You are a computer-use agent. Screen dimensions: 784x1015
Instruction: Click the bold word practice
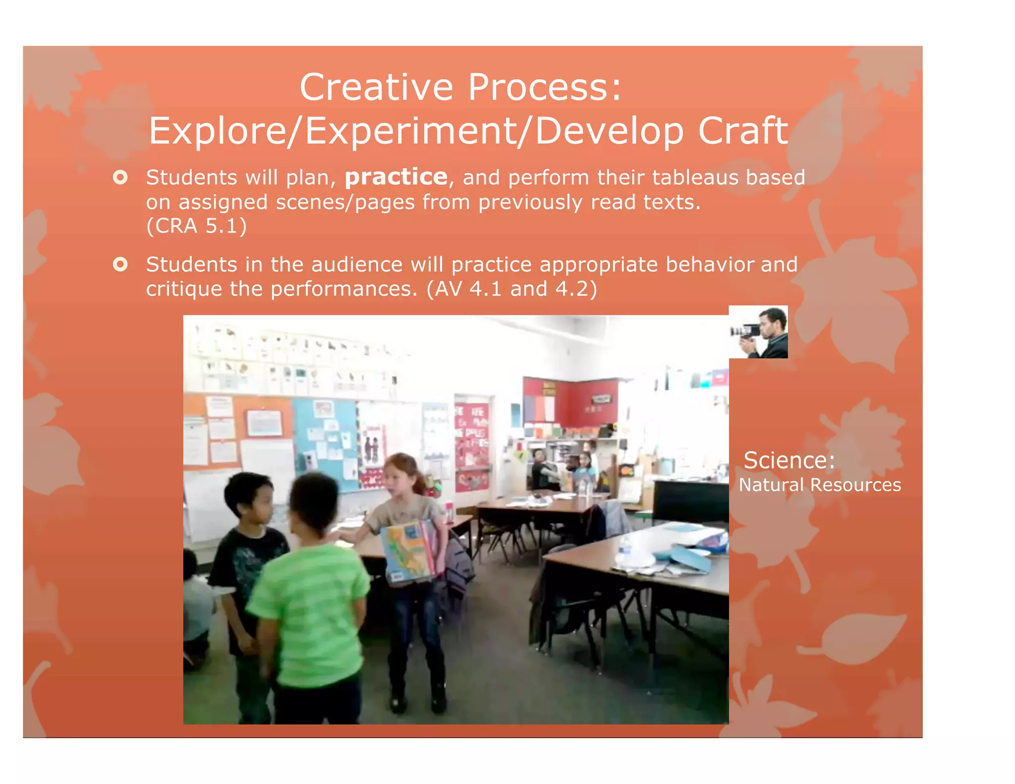pyautogui.click(x=396, y=177)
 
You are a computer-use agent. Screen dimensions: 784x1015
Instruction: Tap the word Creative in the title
pyautogui.click(x=376, y=87)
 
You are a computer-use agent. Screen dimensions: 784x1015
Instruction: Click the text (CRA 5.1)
pyautogui.click(x=196, y=226)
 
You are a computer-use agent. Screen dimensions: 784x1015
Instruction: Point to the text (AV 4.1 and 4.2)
pyautogui.click(x=511, y=289)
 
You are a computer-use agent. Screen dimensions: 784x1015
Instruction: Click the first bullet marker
pyautogui.click(x=120, y=177)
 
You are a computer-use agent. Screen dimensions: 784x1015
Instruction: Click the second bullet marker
pyautogui.click(x=120, y=264)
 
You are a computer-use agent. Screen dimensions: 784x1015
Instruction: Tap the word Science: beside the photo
pyautogui.click(x=789, y=460)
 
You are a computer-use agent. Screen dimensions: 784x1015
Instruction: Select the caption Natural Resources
pyautogui.click(x=820, y=485)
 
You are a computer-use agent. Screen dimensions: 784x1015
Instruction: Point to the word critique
pyautogui.click(x=183, y=289)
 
